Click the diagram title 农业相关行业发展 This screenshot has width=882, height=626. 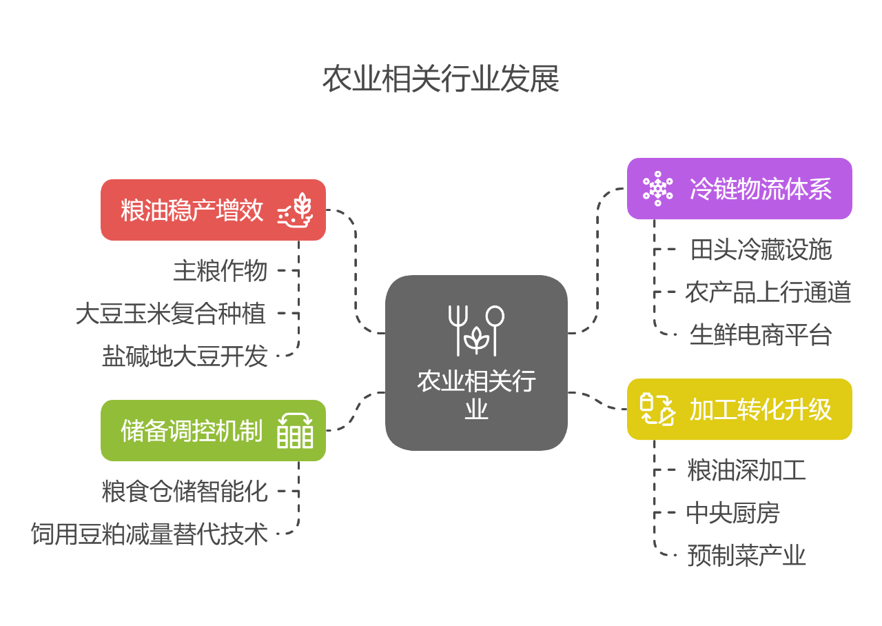440,79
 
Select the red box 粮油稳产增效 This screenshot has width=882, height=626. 213,210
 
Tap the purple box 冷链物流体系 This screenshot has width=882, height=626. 739,189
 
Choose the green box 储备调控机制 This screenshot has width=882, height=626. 213,431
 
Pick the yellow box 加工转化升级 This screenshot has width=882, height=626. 739,410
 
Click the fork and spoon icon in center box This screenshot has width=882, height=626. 475,330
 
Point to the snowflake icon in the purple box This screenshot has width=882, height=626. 658,189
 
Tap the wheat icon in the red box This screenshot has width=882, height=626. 296,210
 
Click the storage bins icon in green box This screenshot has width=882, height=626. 296,431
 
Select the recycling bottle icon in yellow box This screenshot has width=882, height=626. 657,410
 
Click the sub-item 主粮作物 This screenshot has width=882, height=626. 220,271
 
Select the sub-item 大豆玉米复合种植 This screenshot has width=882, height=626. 171,314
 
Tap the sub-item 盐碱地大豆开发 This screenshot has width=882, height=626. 185,356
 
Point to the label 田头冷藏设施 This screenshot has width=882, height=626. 761,250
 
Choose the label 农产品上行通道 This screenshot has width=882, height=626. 768,292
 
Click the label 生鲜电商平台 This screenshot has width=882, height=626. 761,335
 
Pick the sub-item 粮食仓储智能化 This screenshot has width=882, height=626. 185,492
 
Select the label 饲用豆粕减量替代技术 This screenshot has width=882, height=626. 150,534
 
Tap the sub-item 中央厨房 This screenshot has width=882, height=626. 732,513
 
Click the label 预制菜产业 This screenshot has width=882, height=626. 746,556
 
